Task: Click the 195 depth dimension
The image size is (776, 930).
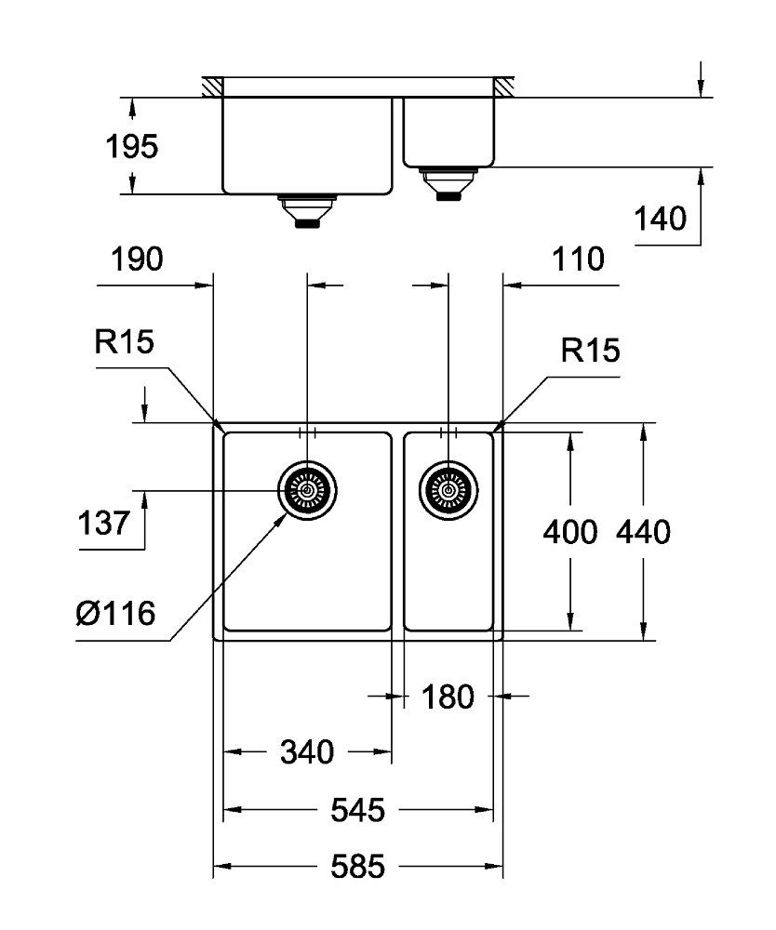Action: coord(132,147)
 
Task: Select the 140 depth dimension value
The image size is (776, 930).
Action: coord(661,219)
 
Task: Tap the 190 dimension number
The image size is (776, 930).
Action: coord(137,259)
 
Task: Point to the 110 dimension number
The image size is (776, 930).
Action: coord(578,259)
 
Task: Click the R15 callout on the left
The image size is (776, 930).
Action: coord(124,341)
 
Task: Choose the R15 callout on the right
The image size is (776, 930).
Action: coord(590,350)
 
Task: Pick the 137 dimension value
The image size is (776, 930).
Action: coord(104,523)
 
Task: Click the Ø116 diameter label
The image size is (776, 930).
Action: coord(116,613)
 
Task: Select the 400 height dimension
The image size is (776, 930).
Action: coord(570,532)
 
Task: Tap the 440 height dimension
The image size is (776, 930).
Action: coord(643,532)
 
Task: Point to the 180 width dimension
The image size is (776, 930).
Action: coord(448,697)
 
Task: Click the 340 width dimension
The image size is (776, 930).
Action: coord(307,752)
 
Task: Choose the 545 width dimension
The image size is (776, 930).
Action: coord(357,810)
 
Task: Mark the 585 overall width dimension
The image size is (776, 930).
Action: coord(357,867)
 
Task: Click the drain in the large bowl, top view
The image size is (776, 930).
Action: coord(307,490)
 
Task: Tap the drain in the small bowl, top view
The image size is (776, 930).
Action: coord(448,490)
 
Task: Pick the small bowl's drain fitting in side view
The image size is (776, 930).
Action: coord(448,184)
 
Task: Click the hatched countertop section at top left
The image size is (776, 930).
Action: coord(212,86)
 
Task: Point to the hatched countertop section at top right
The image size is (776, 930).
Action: coord(503,86)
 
